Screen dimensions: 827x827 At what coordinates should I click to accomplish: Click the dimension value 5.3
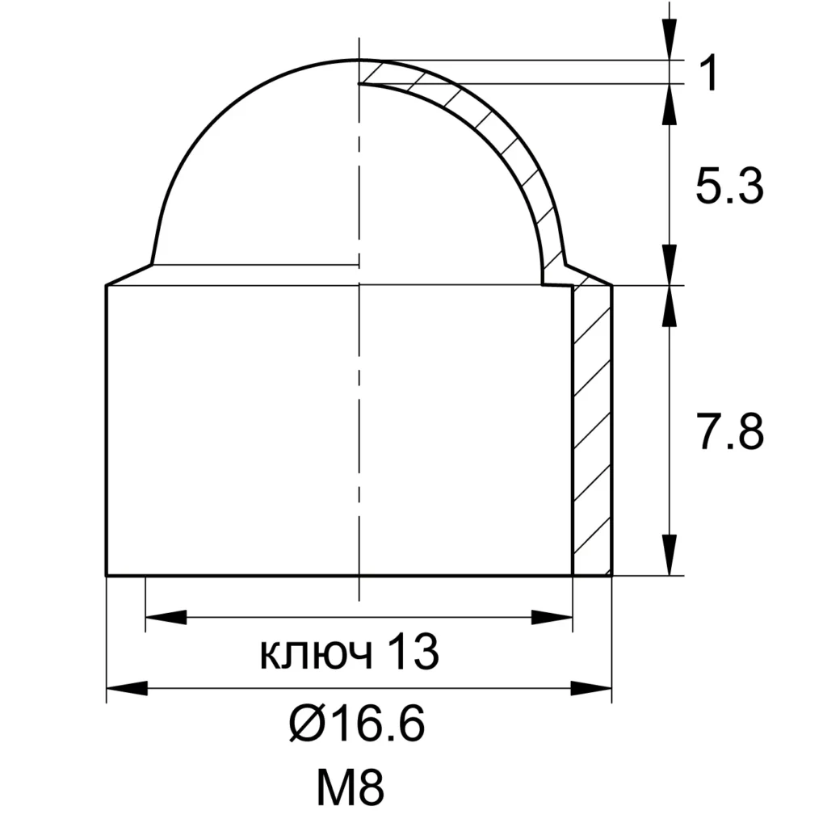pyautogui.click(x=729, y=187)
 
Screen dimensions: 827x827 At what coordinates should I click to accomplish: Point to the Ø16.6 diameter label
pyautogui.click(x=356, y=724)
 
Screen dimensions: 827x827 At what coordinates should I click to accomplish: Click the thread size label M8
pyautogui.click(x=351, y=788)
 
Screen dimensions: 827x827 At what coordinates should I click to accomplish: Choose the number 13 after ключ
pyautogui.click(x=413, y=652)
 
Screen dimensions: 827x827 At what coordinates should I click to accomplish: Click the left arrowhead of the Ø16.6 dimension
pyautogui.click(x=127, y=688)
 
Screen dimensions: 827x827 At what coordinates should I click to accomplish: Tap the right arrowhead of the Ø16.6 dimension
pyautogui.click(x=591, y=688)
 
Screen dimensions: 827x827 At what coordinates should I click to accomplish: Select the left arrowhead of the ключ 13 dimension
pyautogui.click(x=166, y=617)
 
